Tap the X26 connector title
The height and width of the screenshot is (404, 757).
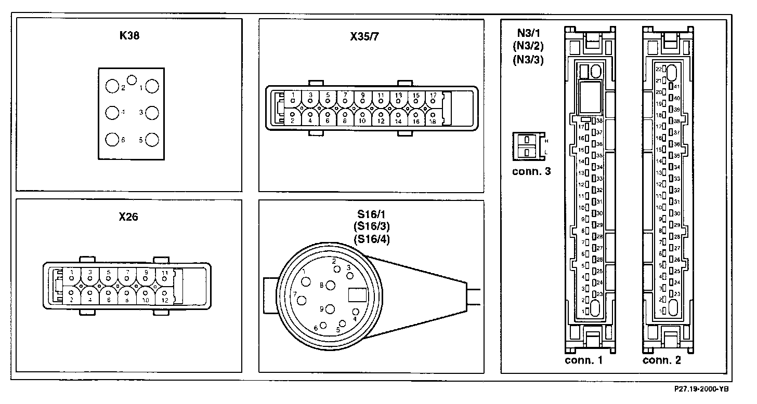point(128,217)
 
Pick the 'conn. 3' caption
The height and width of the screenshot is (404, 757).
point(531,171)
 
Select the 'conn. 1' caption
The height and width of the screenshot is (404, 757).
point(583,360)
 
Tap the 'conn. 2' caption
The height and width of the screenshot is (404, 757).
point(661,360)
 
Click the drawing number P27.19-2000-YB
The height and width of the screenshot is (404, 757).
point(702,388)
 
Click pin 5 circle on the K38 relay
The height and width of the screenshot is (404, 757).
point(152,140)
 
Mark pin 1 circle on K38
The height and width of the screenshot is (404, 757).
point(152,86)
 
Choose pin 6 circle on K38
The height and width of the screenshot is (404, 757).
point(112,140)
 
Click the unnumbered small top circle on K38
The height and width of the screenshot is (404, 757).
point(132,80)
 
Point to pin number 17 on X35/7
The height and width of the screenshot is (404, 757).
point(433,95)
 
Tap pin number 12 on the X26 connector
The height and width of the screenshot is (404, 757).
point(164,300)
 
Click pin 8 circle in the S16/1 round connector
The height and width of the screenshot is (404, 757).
point(330,285)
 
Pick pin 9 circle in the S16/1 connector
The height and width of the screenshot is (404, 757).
point(330,309)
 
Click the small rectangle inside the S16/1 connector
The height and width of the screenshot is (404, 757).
point(357,295)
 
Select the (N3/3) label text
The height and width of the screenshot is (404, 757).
point(528,59)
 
